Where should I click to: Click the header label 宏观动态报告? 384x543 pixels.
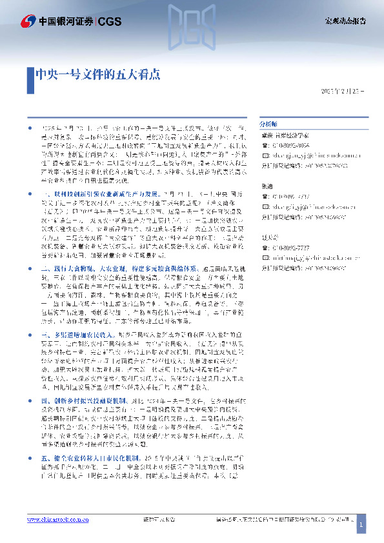345,21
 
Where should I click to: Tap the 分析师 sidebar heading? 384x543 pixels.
268,122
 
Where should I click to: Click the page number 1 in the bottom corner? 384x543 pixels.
361,526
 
